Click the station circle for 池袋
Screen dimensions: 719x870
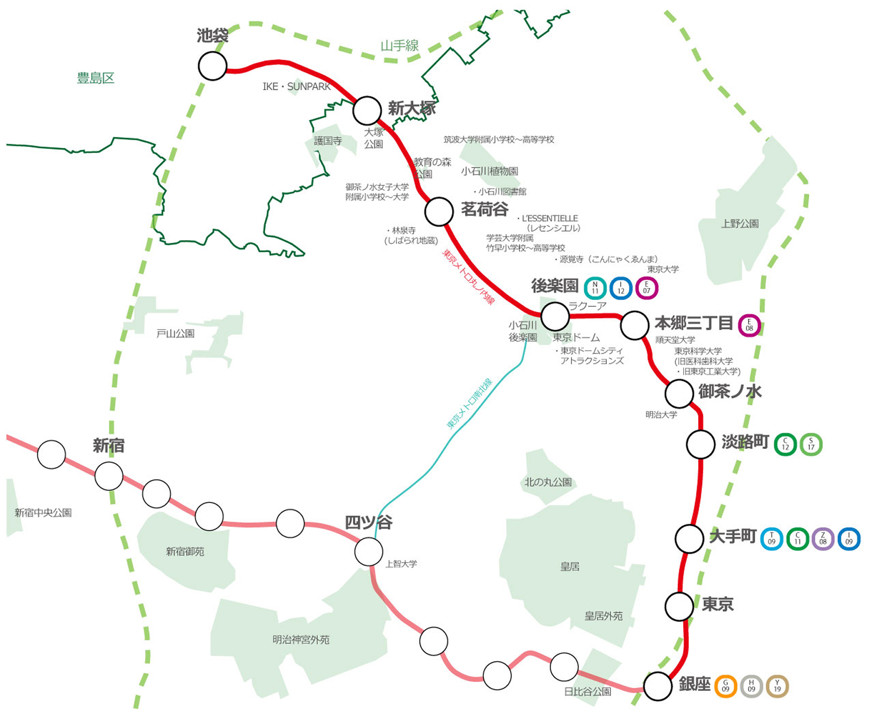pos(213,66)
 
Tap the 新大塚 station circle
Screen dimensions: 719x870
pos(367,111)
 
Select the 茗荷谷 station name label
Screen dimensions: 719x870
pos(484,209)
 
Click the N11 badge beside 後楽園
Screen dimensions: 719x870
pos(595,288)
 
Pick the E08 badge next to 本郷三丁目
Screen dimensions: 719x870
pos(749,325)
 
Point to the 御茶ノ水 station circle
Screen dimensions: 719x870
pos(679,394)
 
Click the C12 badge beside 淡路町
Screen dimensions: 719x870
pos(785,444)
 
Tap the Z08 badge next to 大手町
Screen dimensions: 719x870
pos(823,539)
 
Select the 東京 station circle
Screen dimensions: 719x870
pos(679,606)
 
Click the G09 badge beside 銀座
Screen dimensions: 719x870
pos(726,686)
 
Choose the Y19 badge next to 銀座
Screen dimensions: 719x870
pos(777,686)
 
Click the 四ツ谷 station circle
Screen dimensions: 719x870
pos(369,551)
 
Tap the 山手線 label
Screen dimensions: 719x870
pos(400,46)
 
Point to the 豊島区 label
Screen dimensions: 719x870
pos(96,78)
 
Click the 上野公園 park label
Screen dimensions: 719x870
pos(740,224)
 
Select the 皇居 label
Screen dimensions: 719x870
pos(570,567)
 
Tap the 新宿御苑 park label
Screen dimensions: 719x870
pos(185,551)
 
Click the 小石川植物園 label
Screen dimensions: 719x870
pos(489,171)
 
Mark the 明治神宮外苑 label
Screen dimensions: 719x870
pos(301,640)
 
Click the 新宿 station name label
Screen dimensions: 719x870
pos(108,446)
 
